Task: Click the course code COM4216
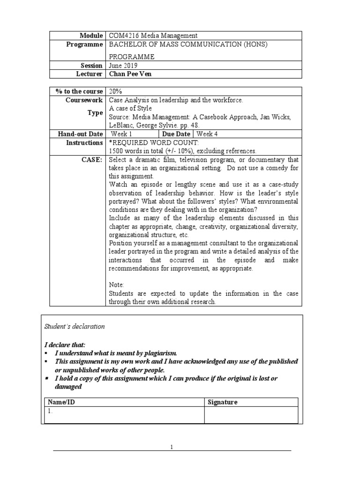(121, 36)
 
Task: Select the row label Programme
(85, 45)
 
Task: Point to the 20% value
(115, 91)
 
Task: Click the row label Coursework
(85, 100)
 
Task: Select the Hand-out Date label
(80, 134)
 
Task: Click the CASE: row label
(93, 159)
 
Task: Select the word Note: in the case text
(117, 285)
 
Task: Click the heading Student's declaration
(75, 327)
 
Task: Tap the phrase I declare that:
(65, 345)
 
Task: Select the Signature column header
(222, 402)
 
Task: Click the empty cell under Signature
(251, 414)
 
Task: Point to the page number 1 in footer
(172, 447)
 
